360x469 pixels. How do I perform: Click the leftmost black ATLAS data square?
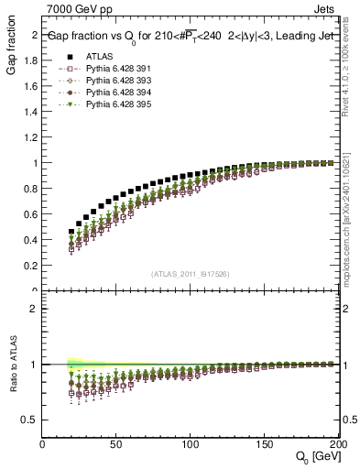(x=72, y=232)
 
